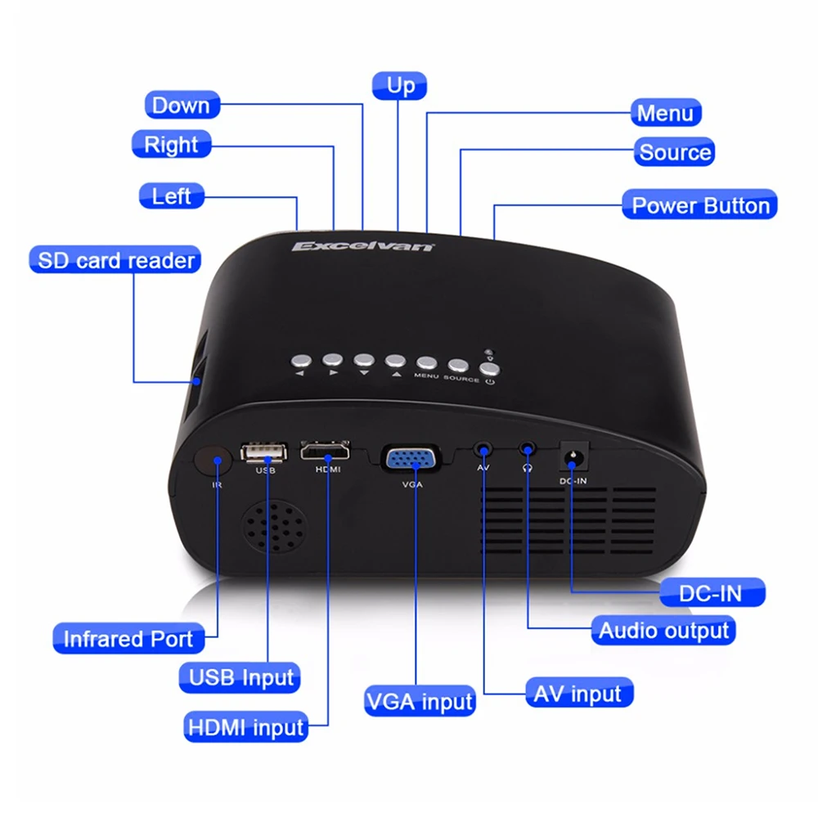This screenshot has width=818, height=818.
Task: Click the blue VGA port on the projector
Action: click(413, 461)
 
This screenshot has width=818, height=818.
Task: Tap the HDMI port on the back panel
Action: click(326, 452)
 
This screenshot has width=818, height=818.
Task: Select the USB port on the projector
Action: click(264, 452)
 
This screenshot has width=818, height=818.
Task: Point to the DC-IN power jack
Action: click(572, 458)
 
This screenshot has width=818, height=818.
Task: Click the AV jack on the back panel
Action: click(483, 450)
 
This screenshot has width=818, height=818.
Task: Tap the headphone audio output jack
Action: click(528, 450)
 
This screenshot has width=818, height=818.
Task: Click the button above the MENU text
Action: click(426, 363)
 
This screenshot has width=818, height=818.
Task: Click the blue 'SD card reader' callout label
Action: click(115, 261)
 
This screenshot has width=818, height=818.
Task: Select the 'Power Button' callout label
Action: click(700, 205)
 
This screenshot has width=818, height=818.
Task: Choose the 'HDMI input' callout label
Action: click(246, 726)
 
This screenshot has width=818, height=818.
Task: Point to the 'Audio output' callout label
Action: click(663, 631)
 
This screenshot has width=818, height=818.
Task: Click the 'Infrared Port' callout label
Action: click(128, 639)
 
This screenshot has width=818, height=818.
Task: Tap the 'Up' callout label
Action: click(400, 86)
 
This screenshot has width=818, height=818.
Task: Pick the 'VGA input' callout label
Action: click(419, 701)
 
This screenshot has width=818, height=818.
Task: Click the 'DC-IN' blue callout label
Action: click(711, 593)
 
